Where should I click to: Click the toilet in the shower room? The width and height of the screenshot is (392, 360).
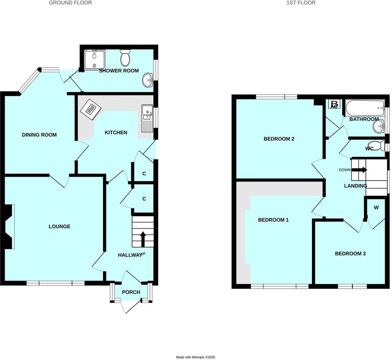[x=125, y=58]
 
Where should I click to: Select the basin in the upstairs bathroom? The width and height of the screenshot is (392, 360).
[x=378, y=126]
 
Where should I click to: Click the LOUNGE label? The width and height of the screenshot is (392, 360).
[x=59, y=226]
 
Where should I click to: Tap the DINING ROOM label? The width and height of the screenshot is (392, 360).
[x=39, y=135]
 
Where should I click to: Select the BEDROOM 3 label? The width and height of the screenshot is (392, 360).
[x=350, y=254]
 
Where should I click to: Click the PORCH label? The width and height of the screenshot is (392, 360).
[x=131, y=292]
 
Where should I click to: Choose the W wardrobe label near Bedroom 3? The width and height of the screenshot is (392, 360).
[x=377, y=207]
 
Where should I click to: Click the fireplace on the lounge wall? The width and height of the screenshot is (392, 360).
[x=10, y=226]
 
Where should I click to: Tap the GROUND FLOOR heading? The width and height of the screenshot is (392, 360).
[x=70, y=3]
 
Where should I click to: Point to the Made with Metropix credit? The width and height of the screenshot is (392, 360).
[x=195, y=357]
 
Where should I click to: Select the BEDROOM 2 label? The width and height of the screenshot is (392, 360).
[x=279, y=139]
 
